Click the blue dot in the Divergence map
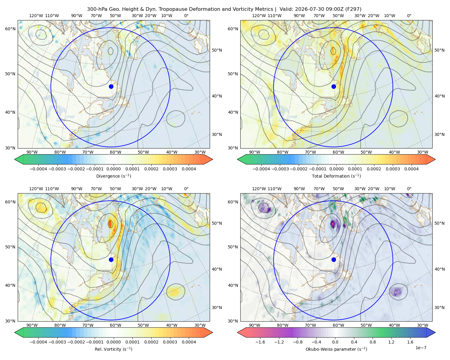[x=111, y=87]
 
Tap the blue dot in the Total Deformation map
[x=334, y=87]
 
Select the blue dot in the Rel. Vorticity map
[x=111, y=259]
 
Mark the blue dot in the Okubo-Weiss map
[x=334, y=259]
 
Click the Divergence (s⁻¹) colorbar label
[x=113, y=176]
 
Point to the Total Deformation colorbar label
[x=336, y=176]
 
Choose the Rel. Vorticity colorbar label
[x=113, y=349]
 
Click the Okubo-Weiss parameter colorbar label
[x=336, y=349]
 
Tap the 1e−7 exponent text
[x=421, y=348]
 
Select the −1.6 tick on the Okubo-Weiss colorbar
[x=260, y=342]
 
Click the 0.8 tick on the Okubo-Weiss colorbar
[x=373, y=342]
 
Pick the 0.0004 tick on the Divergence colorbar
[x=189, y=169]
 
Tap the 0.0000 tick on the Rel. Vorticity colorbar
[x=113, y=342]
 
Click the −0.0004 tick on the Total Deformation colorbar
[x=261, y=169]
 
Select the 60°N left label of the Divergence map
[x=10, y=29]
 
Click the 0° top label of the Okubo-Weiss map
[x=409, y=189]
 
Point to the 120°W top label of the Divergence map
[x=36, y=16]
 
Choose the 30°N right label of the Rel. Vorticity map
[x=217, y=307]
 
